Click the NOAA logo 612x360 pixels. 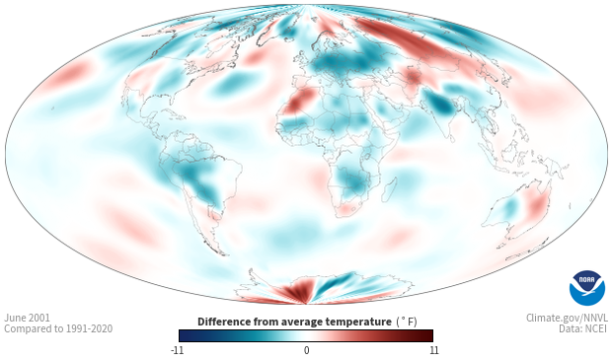[x=587, y=288]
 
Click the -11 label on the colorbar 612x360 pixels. [x=177, y=350]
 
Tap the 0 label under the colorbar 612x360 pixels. [x=306, y=350]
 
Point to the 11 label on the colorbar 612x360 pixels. [x=433, y=350]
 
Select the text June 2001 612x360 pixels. [x=27, y=318]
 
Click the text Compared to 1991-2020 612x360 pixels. [x=58, y=328]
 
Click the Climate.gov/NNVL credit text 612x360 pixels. [x=567, y=318]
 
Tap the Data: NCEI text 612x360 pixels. [x=583, y=328]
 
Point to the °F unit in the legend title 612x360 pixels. [x=407, y=322]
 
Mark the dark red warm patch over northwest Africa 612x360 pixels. [x=300, y=101]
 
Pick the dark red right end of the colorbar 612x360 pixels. [x=426, y=335]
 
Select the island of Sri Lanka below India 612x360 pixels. [x=451, y=138]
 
